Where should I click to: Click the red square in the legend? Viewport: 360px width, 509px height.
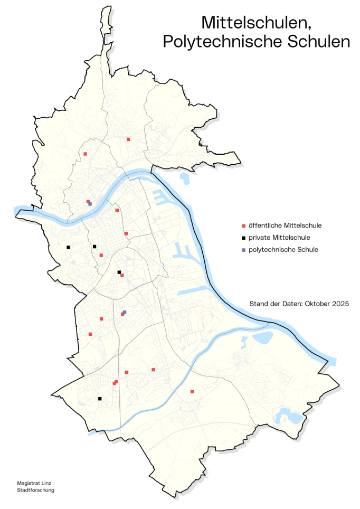(x=243, y=225)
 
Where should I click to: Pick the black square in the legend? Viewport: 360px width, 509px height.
(x=243, y=238)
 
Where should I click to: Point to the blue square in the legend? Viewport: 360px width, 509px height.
(x=243, y=250)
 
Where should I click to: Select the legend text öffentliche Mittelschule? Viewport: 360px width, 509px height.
(x=285, y=225)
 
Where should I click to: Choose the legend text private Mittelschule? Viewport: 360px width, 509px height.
(x=279, y=238)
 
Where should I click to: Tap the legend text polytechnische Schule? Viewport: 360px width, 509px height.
(x=283, y=250)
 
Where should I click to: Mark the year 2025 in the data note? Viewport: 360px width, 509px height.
(x=340, y=304)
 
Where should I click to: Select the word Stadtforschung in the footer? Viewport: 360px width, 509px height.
(x=35, y=490)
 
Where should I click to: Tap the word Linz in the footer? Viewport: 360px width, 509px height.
(x=46, y=483)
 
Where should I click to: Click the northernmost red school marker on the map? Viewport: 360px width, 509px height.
(x=128, y=139)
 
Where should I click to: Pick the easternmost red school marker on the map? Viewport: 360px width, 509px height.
(x=192, y=392)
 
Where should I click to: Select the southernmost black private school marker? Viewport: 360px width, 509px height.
(x=100, y=399)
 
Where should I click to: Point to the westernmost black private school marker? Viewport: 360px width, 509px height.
(x=68, y=247)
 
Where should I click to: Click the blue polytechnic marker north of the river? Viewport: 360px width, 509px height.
(x=90, y=204)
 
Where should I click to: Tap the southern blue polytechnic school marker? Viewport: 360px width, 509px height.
(x=125, y=312)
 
